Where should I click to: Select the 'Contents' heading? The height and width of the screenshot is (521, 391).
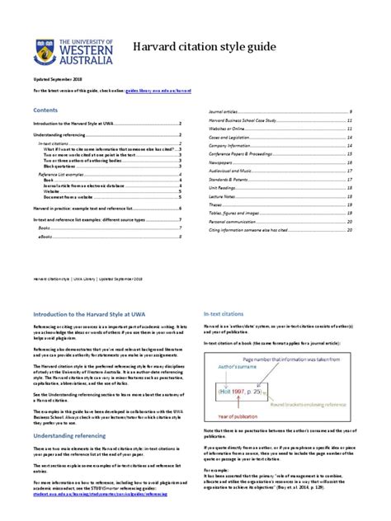[45, 109]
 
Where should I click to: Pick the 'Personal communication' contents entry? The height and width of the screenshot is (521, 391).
[235, 222]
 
